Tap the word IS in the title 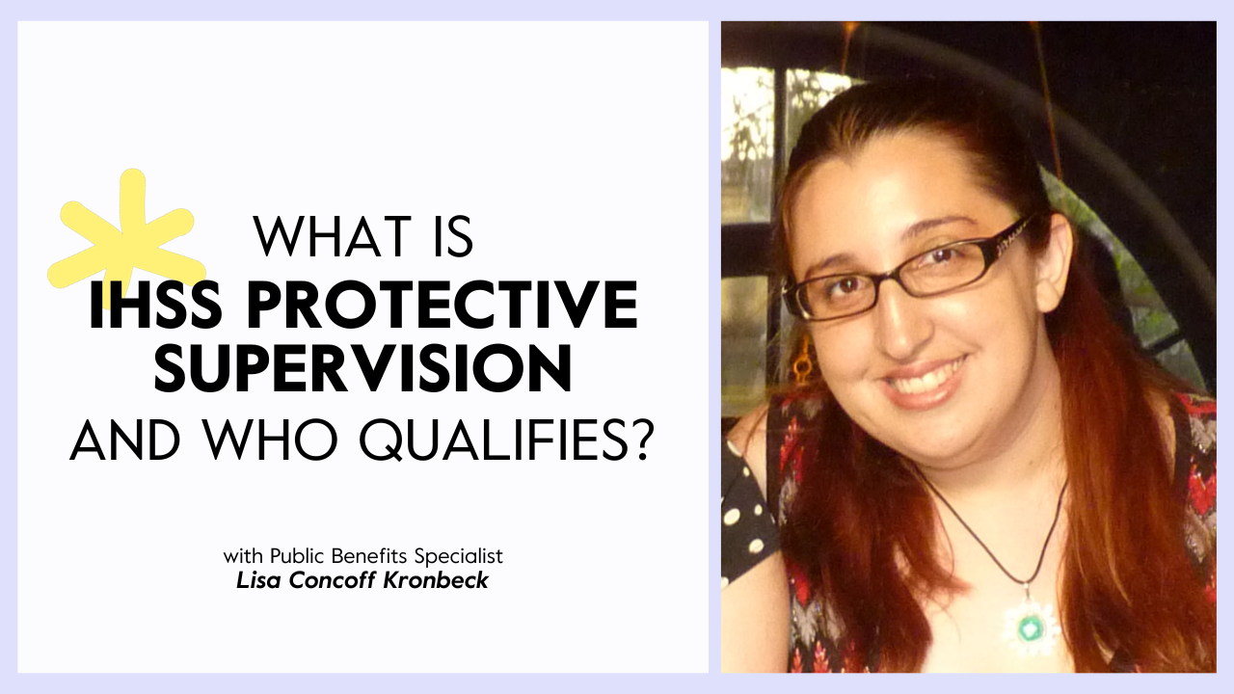click(453, 237)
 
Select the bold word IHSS click(156, 305)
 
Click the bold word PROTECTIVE click(442, 305)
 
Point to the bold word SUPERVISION click(363, 368)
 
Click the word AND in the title click(125, 440)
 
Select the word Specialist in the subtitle click(459, 557)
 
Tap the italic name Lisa click(259, 580)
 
